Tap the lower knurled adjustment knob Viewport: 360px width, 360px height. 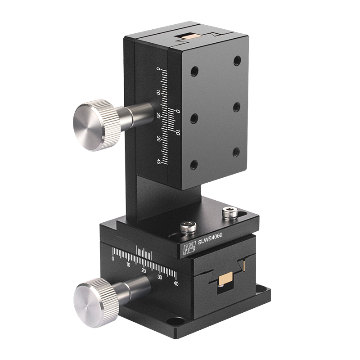point(96,299)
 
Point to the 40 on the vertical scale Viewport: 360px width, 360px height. point(158,162)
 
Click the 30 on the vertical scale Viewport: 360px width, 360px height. point(158,139)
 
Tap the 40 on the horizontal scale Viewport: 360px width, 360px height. point(176,283)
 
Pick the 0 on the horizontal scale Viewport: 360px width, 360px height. point(112,259)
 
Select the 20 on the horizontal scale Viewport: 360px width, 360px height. point(144,270)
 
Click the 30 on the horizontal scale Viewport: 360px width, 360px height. point(160,277)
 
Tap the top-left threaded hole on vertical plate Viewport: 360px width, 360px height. point(194,71)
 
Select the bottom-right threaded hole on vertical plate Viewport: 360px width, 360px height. point(236,152)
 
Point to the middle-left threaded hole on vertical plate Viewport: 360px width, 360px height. point(194,118)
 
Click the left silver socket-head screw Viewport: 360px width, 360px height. point(189,228)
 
